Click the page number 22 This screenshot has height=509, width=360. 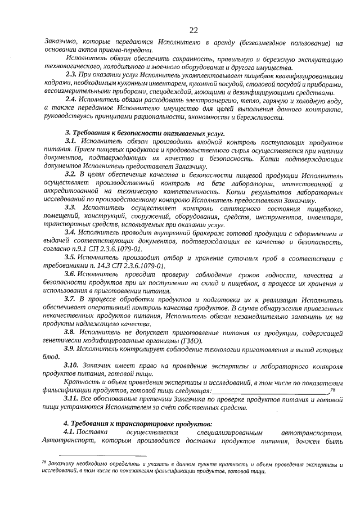pos(193,29)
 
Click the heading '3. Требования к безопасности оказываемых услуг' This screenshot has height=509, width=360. pos(145,133)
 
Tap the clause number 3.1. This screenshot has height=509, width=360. pos(71,141)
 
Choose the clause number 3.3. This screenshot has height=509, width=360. pos(71,208)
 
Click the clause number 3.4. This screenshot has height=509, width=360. pos(71,232)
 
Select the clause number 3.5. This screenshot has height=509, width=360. pos(71,257)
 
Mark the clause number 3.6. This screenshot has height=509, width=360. pos(71,274)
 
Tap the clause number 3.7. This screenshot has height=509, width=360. pos(71,299)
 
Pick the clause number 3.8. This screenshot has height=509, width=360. pos(71,332)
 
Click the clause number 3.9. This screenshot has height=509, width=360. pos(71,348)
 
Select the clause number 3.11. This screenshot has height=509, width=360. pos(73,398)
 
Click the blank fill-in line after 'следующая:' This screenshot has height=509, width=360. pos(271,390)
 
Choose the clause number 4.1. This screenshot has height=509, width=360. pos(71,432)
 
